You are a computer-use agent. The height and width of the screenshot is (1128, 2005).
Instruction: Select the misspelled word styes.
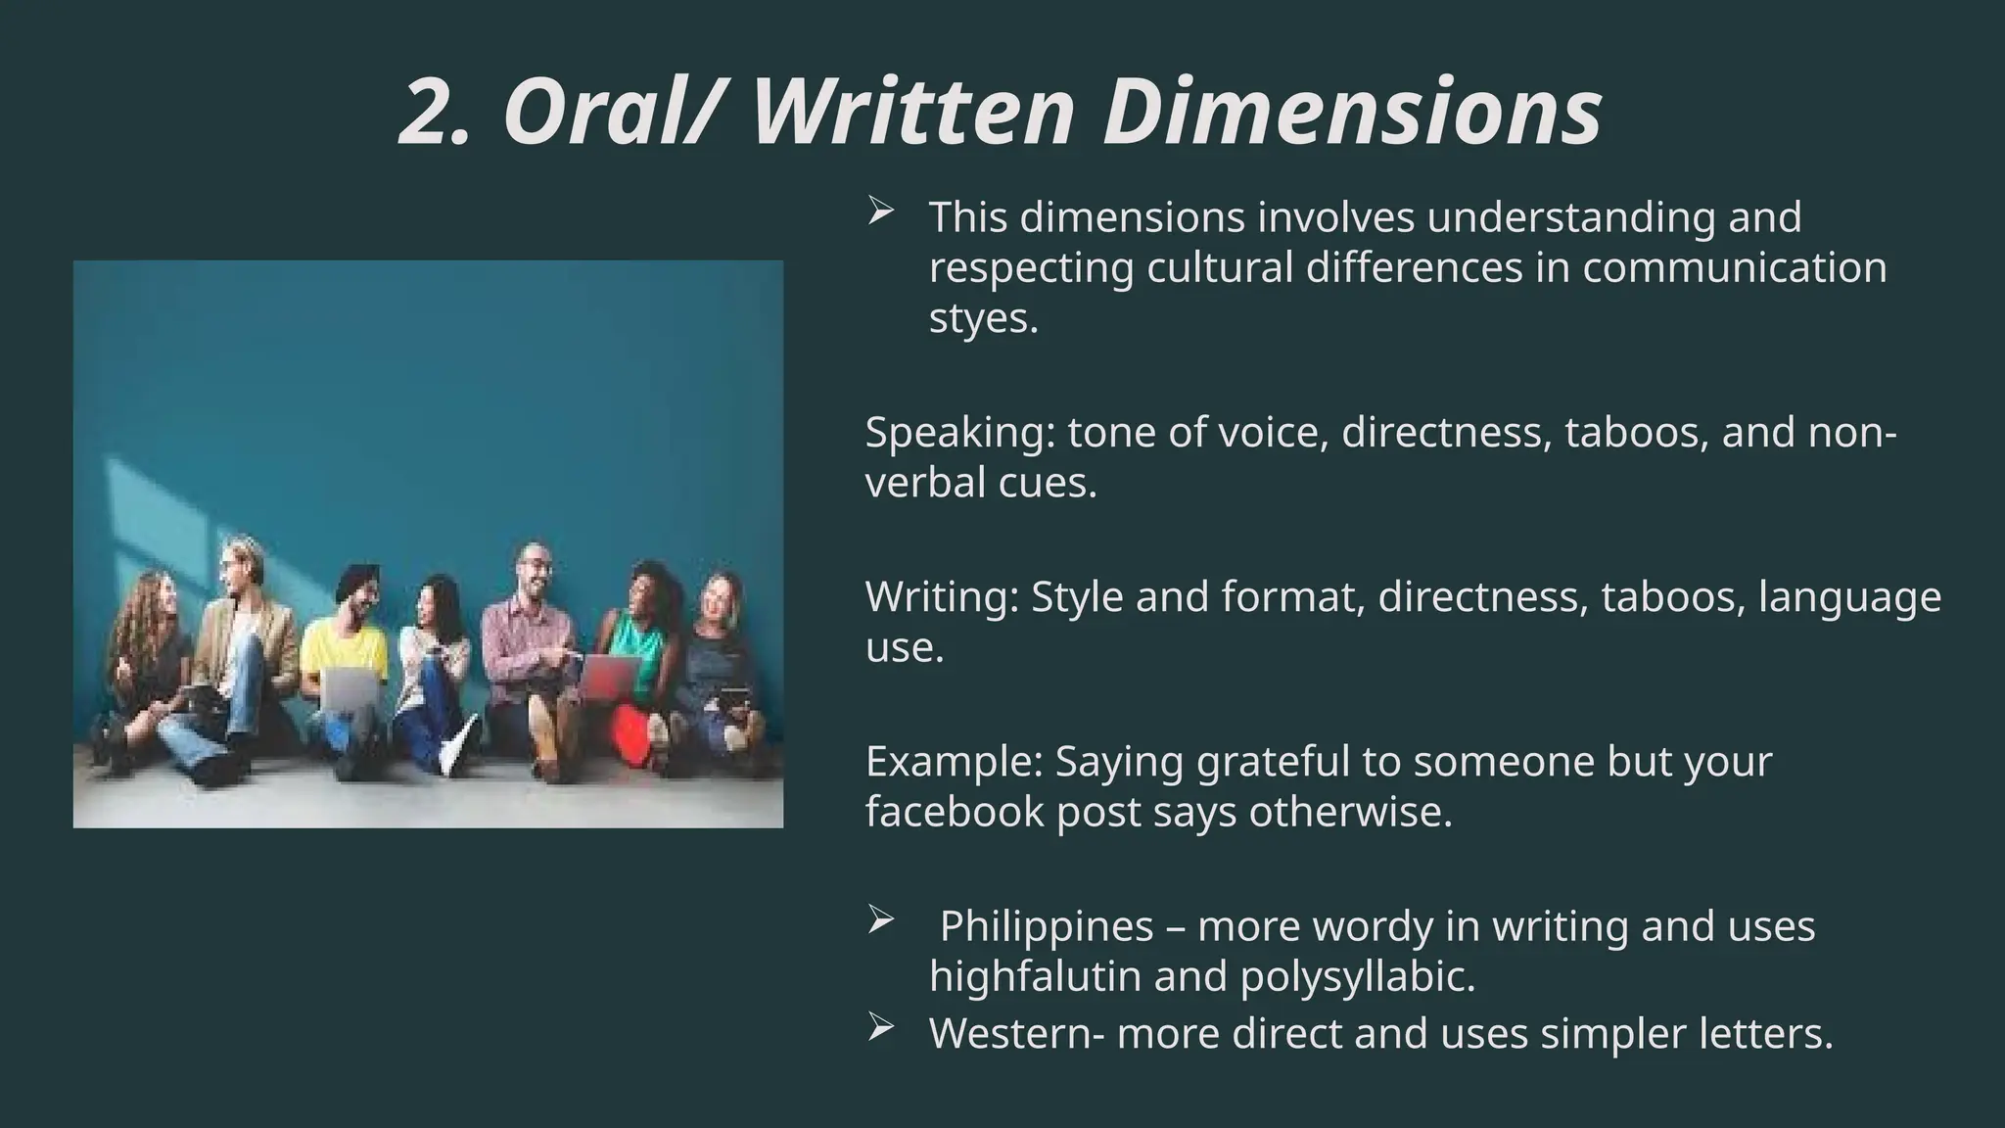[982, 318]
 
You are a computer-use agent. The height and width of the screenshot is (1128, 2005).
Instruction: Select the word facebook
[955, 812]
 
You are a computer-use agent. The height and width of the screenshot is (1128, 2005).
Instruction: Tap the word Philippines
[1047, 926]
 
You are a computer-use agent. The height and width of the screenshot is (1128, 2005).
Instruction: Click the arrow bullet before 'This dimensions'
[880, 211]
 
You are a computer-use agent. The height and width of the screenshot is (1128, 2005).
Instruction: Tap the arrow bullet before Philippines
[880, 919]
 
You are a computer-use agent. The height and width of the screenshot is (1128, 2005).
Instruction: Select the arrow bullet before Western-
[880, 1027]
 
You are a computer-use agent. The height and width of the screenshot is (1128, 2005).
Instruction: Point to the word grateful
[1274, 762]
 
